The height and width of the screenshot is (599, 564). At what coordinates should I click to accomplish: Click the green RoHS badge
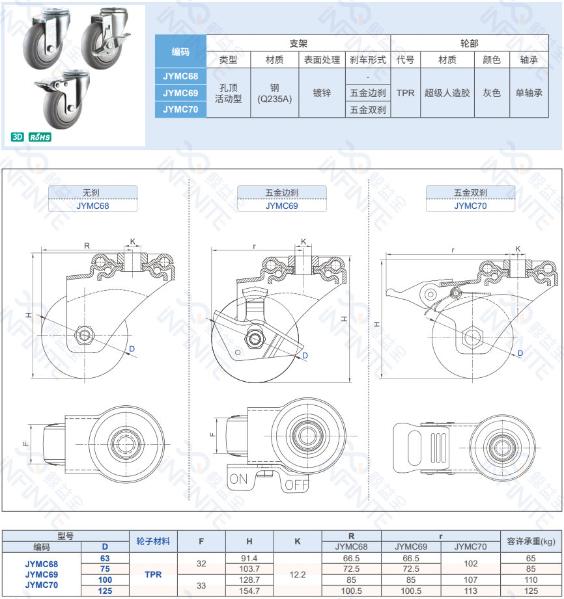coord(40,137)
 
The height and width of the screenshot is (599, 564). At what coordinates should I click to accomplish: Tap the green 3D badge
coord(17,137)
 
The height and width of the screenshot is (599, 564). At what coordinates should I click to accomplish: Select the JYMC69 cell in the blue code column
coord(180,93)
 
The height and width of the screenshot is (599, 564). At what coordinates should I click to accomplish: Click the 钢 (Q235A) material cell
coord(274,93)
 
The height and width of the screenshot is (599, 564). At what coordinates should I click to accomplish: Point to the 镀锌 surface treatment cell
coord(322,93)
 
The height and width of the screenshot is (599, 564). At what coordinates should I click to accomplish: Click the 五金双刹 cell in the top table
coord(368,110)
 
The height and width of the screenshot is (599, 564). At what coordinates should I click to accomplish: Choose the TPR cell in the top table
coord(405,93)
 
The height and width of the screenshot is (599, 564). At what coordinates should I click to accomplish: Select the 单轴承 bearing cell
coord(529,93)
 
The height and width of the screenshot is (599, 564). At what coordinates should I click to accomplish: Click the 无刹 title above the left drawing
coord(91,193)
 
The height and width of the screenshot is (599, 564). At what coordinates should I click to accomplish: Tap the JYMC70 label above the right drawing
coord(470,206)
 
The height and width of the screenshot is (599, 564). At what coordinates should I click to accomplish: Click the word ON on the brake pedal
coord(239,479)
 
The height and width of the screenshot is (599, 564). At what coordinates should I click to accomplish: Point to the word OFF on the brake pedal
coord(297,485)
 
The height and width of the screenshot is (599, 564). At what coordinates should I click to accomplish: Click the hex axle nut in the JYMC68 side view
coord(84,335)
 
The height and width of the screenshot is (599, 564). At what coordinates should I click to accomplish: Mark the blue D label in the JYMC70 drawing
coord(520,353)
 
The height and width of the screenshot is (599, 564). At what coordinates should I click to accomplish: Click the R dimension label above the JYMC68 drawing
coord(87,246)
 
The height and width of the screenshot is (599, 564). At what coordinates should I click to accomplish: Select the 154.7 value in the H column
coord(249,591)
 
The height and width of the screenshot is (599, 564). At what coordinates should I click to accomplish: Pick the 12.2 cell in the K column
coord(298,574)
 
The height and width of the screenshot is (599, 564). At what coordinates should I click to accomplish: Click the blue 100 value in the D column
coord(105,580)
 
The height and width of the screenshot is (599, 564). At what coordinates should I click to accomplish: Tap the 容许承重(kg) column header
coord(531,541)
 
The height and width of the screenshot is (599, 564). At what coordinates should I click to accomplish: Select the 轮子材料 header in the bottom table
coord(153,541)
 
